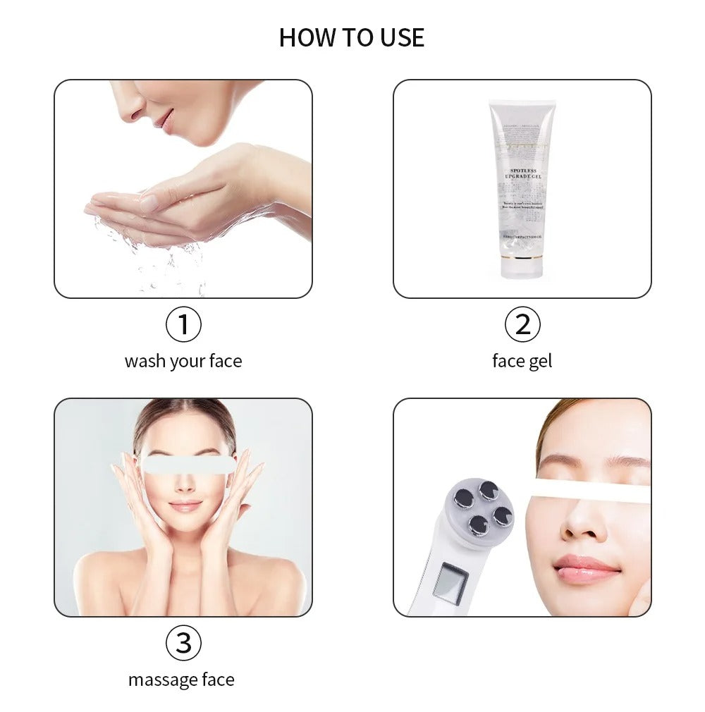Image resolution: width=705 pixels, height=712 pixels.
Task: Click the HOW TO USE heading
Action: tap(352, 37)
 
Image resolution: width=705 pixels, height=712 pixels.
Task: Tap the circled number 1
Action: tap(183, 325)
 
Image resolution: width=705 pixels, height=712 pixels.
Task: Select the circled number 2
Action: tap(522, 325)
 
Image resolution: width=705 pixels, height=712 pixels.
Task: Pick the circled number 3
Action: tap(183, 643)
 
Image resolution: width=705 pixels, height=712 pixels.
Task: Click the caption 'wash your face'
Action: tap(183, 361)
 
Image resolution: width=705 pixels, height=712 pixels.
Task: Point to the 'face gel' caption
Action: tap(522, 361)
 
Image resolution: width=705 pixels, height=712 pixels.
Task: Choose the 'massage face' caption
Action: tap(181, 680)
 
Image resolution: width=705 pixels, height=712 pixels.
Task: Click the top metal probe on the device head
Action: tap(489, 490)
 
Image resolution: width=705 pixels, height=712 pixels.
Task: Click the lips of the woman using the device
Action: tap(586, 567)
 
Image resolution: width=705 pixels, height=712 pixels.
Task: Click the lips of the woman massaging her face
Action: tap(185, 506)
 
